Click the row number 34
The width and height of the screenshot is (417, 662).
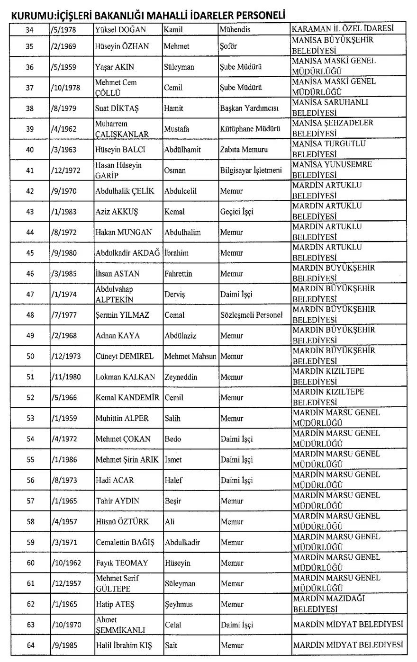pyautogui.click(x=29, y=29)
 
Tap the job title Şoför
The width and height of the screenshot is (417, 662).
pyautogui.click(x=230, y=46)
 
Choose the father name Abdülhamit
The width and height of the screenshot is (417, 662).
pyautogui.click(x=182, y=150)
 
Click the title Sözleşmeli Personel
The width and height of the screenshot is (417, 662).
pyautogui.click(x=252, y=315)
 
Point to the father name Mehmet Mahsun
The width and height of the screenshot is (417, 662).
pyautogui.click(x=190, y=356)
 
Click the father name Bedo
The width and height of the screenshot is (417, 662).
pyautogui.click(x=173, y=439)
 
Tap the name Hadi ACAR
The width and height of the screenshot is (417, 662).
pyautogui.click(x=115, y=480)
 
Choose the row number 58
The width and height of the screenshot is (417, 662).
pyautogui.click(x=29, y=522)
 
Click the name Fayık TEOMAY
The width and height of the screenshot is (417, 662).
pyautogui.click(x=122, y=563)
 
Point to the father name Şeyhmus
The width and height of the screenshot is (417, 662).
pyautogui.click(x=179, y=604)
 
